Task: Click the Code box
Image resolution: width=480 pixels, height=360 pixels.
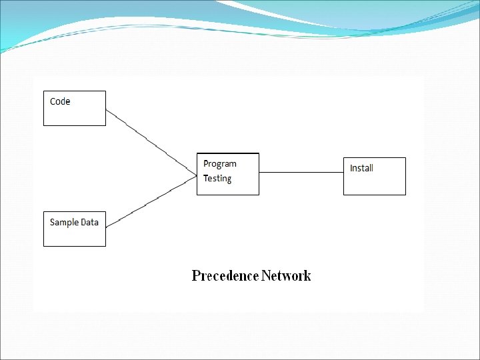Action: [x=75, y=108]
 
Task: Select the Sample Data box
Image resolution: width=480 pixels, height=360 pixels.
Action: [x=75, y=229]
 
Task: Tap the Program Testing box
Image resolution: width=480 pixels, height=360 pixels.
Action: [x=228, y=175]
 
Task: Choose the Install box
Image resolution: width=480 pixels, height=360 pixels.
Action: [x=374, y=177]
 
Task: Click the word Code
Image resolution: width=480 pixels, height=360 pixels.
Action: [x=60, y=101]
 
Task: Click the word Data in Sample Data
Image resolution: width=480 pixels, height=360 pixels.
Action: [x=89, y=222]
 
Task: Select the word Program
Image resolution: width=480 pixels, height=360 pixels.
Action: [x=220, y=164]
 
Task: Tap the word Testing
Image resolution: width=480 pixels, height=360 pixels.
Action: [x=217, y=179]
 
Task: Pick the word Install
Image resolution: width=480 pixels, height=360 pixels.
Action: [x=361, y=168]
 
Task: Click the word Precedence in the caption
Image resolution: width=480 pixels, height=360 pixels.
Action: [x=225, y=275]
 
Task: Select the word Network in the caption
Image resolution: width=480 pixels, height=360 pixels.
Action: [x=286, y=275]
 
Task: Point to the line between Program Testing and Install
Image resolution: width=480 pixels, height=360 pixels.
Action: [x=301, y=172]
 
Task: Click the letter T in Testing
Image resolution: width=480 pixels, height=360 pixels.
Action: [x=206, y=178]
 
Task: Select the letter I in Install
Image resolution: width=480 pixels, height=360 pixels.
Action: [x=351, y=168]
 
